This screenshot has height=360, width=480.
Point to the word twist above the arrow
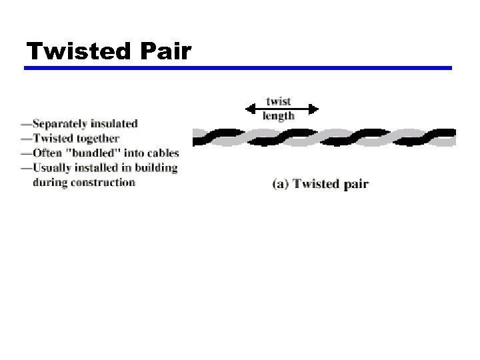tap(279, 102)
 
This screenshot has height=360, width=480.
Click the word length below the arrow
tap(279, 116)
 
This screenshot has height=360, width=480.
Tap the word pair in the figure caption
tap(355, 185)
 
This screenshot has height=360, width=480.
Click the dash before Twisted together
tap(25, 139)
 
